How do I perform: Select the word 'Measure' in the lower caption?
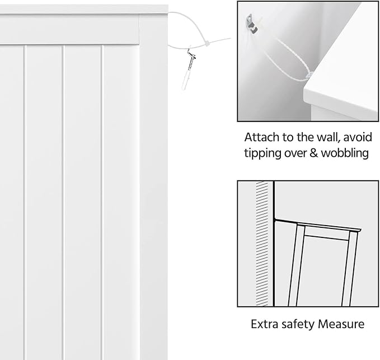pyautogui.click(x=341, y=324)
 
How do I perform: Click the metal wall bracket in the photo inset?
pyautogui.click(x=252, y=24)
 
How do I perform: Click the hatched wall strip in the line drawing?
pyautogui.click(x=262, y=244)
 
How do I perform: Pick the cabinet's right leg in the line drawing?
pyautogui.click(x=350, y=269)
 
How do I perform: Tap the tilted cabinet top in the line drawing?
pyautogui.click(x=318, y=225)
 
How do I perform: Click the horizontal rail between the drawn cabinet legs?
pyautogui.click(x=326, y=236)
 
